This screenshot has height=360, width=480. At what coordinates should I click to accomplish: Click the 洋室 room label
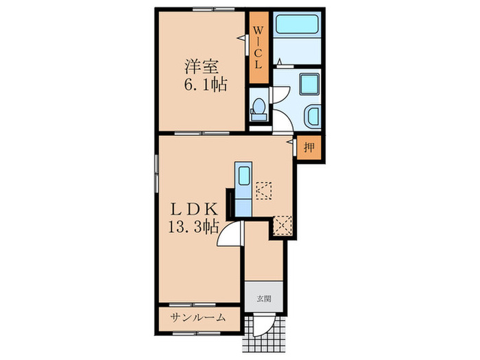pos(200,67)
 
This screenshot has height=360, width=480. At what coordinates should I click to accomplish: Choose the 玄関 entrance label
pos(264,298)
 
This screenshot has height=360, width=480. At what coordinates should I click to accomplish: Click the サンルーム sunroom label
pos(200,318)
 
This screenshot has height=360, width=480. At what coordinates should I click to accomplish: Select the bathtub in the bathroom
pos(296,30)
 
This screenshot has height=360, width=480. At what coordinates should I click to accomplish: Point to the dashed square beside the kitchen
pos(265,189)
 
